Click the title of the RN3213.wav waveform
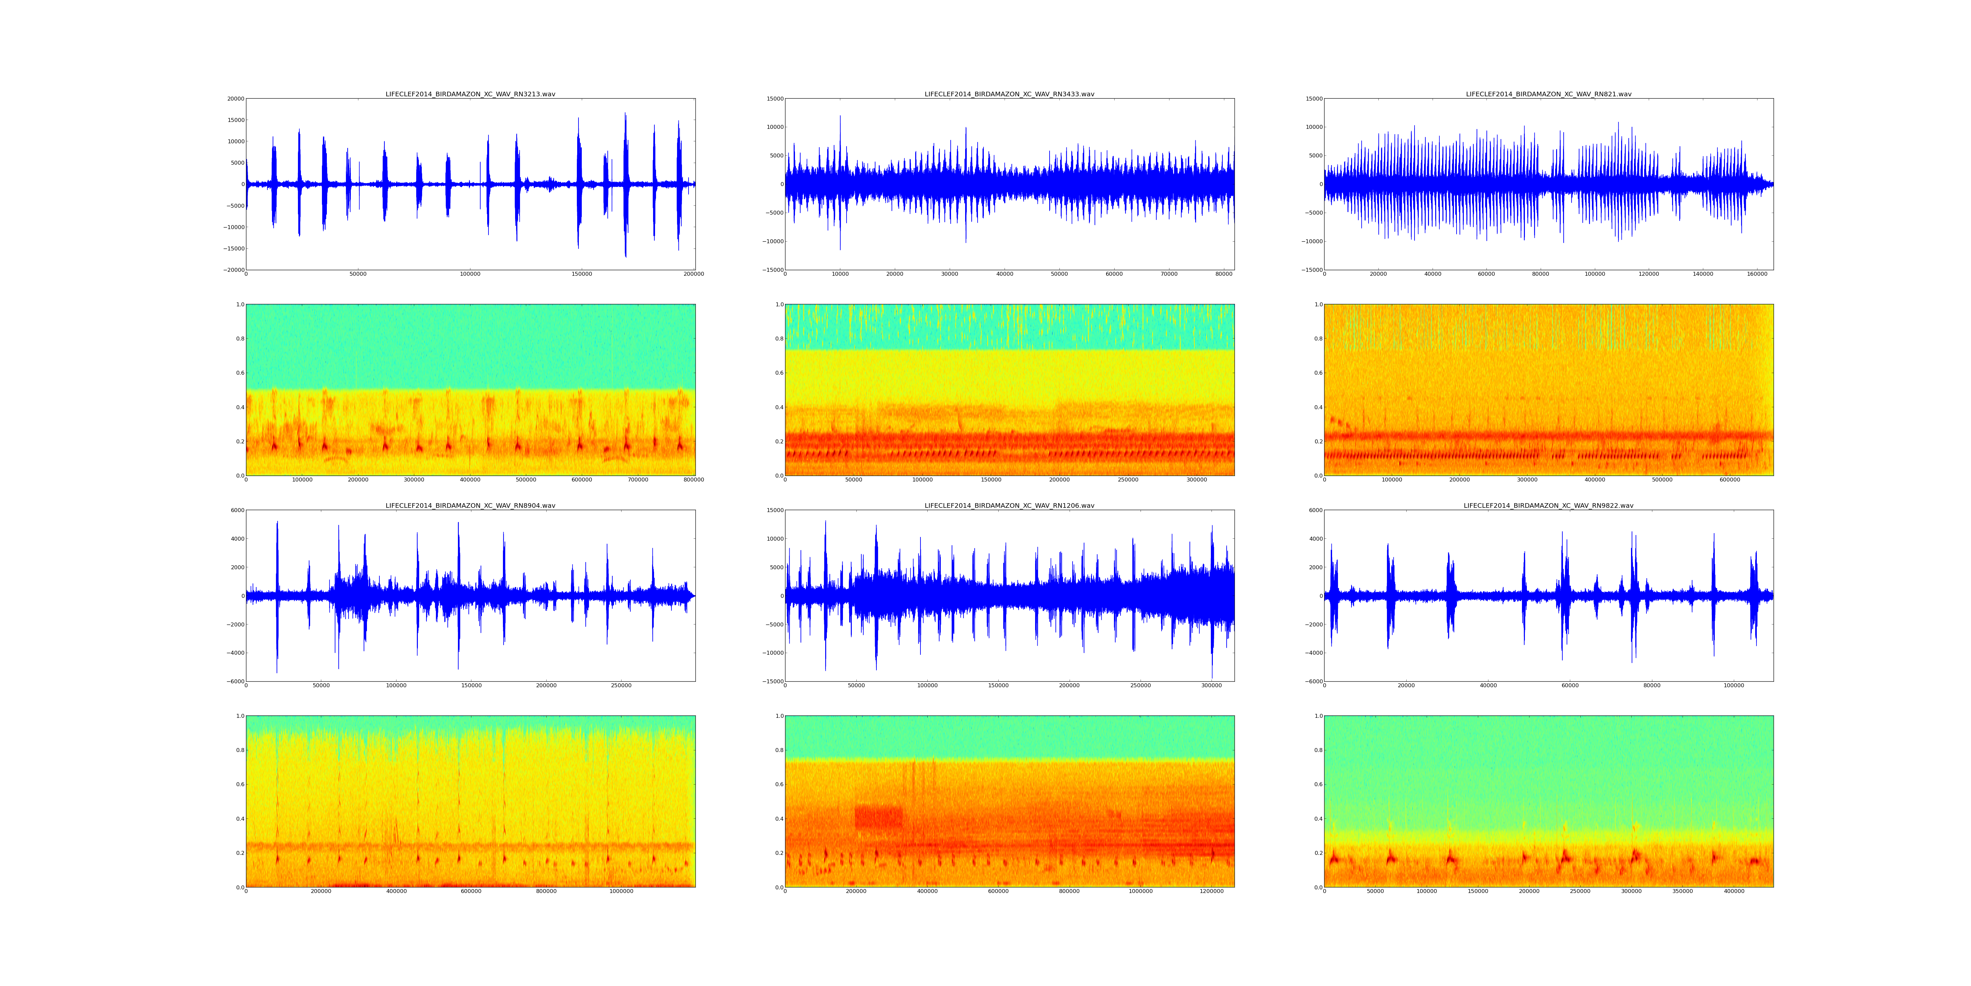[470, 94]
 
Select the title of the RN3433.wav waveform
[1009, 94]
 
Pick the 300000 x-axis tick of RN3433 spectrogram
[1197, 480]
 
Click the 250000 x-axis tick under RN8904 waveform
[621, 686]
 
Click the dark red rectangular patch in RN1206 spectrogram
[878, 817]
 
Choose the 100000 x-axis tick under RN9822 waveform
[1734, 686]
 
